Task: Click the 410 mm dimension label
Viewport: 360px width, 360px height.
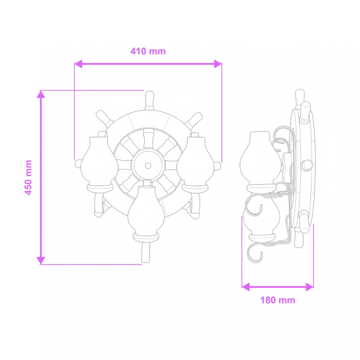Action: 148,51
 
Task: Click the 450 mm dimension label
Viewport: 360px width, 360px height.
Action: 29,178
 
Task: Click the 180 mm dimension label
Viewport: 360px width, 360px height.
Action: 277,300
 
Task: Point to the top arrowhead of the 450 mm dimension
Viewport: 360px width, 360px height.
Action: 41,95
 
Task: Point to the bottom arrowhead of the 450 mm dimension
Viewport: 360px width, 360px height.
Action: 41,260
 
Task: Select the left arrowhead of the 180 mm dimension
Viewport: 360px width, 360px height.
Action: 246,287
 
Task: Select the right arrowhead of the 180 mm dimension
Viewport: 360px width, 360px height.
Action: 309,287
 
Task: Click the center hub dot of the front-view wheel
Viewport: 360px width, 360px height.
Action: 148,165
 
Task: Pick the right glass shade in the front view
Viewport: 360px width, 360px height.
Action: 195,162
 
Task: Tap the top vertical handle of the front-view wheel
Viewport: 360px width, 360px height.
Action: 148,100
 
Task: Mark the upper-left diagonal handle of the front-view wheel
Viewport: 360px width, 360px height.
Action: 103,119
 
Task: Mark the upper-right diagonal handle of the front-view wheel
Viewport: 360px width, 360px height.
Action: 193,119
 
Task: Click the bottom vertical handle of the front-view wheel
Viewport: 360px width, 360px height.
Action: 146,253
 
